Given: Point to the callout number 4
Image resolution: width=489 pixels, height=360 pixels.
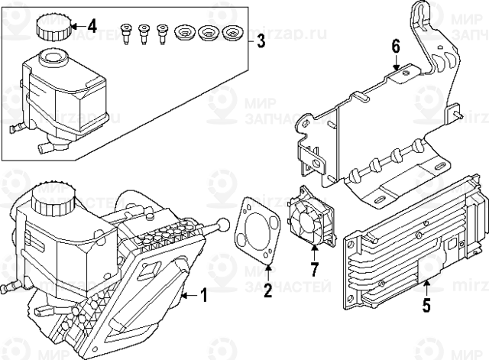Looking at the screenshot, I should point(92,26).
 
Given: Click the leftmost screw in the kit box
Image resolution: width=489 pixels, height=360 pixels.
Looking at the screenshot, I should point(127,34).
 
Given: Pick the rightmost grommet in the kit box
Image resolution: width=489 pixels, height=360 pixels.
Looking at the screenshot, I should point(232,34).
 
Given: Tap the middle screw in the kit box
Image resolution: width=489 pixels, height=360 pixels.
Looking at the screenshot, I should point(144,34).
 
